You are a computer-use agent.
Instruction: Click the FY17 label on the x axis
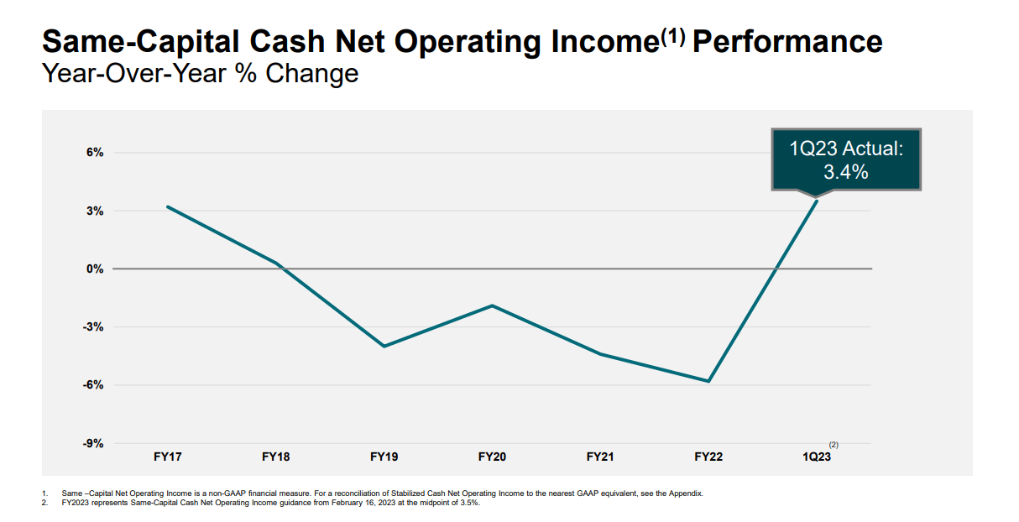pos(167,457)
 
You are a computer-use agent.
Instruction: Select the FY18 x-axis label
pos(275,457)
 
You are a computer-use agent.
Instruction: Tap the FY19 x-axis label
pos(384,457)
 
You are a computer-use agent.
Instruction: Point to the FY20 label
pos(492,457)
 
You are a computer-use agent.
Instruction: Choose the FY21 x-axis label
pos(600,457)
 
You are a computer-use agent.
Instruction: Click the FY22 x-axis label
pos(708,457)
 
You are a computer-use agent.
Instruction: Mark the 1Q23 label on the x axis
pos(817,457)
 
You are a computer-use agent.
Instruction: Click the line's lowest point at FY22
pos(709,381)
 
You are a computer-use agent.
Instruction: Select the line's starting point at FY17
pos(167,206)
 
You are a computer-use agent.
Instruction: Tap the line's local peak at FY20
pos(493,305)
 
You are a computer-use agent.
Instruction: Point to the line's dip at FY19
pos(384,346)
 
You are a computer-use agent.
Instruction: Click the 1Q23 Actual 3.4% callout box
pos(845,159)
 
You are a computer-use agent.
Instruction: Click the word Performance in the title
pos(787,41)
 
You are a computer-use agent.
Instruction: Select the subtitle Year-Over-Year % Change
pos(200,74)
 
